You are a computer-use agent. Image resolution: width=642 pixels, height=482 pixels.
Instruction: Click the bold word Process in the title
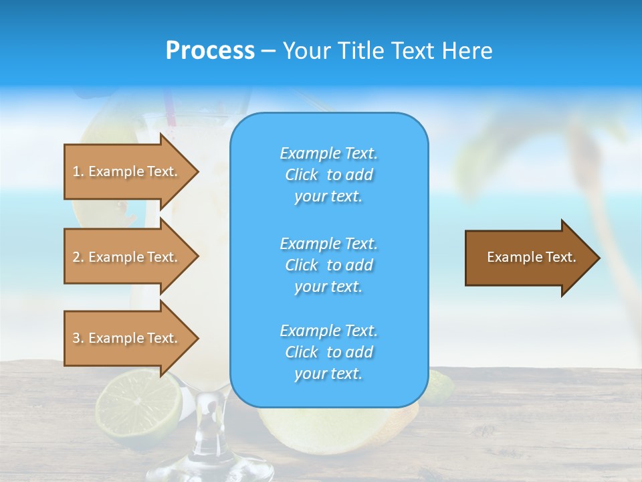[210, 50]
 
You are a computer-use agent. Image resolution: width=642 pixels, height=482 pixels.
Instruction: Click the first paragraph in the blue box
[328, 175]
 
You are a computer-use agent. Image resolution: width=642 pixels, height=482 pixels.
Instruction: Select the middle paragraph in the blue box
[328, 265]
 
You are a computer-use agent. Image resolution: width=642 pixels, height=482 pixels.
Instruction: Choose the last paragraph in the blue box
[328, 352]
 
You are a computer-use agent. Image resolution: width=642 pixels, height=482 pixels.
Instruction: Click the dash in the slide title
[268, 51]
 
